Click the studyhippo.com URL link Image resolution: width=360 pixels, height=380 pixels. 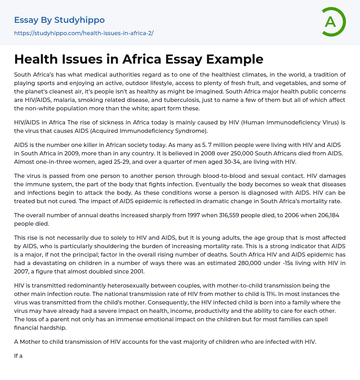coord(84,33)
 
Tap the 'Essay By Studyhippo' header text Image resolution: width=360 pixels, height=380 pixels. coord(59,20)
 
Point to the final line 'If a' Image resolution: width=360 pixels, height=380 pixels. coord(18,356)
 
